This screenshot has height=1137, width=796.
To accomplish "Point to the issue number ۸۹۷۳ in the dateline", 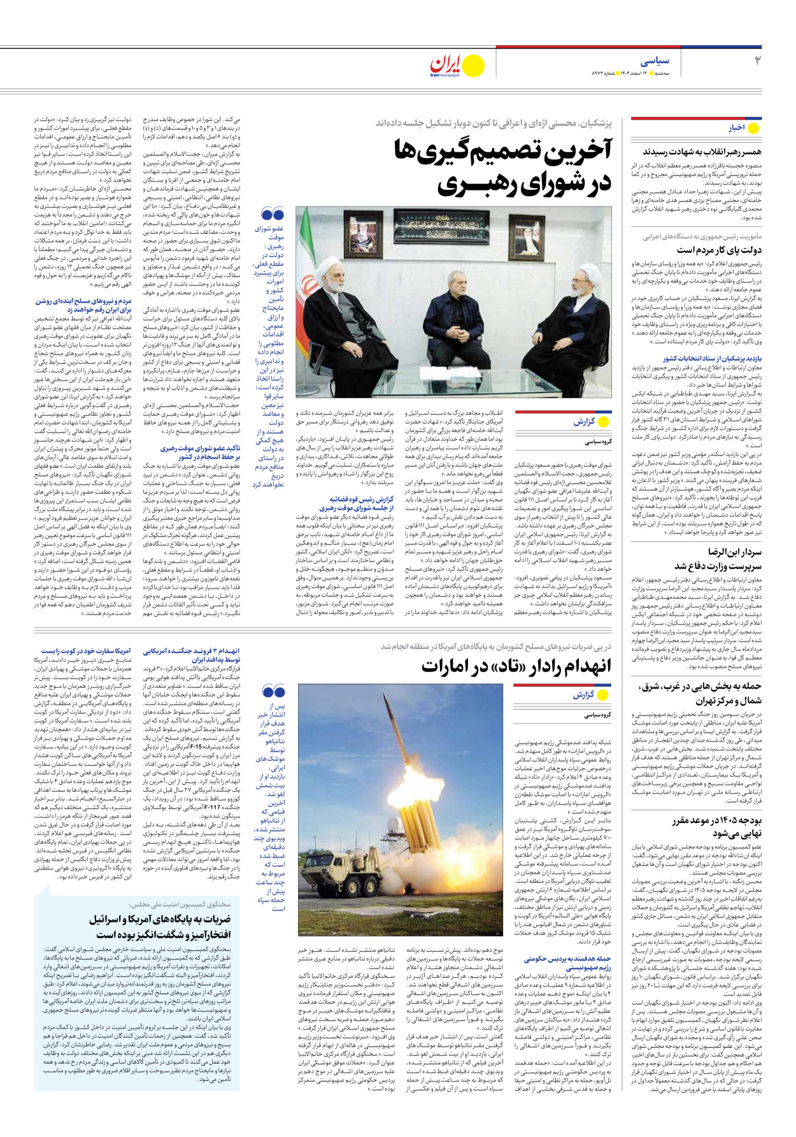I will pyautogui.click(x=601, y=74).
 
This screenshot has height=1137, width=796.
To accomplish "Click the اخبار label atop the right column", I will pyautogui.click(x=737, y=128).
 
